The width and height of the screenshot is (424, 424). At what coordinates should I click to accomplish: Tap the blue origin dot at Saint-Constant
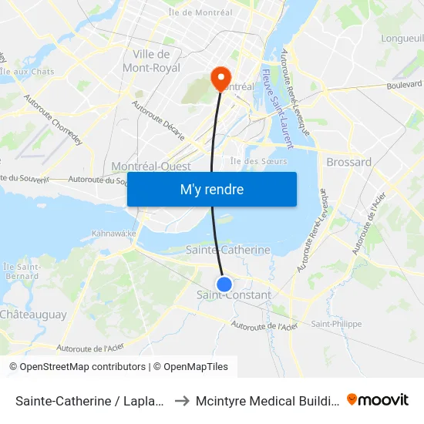[224, 284]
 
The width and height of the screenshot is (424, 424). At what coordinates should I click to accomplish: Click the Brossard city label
[348, 162]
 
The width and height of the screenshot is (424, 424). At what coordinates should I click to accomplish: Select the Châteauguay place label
[33, 315]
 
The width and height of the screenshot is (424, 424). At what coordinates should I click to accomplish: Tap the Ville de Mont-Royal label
[152, 61]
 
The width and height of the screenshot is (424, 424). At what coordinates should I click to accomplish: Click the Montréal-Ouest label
[151, 167]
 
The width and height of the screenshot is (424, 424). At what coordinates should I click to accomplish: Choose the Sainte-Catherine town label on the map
[228, 250]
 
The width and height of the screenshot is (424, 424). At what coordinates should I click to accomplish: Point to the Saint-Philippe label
[336, 324]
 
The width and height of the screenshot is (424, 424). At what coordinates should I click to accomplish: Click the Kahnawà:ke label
[114, 233]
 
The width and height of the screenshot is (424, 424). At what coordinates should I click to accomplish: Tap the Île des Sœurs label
[259, 161]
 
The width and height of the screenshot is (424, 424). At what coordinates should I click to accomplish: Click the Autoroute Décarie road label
[170, 122]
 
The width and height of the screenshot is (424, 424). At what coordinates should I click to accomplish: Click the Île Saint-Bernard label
[21, 271]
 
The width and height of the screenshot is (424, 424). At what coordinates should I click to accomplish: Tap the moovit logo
[378, 399]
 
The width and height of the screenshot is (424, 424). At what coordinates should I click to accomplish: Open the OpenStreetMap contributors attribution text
[78, 367]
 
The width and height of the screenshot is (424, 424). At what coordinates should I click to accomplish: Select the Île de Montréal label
[200, 12]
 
